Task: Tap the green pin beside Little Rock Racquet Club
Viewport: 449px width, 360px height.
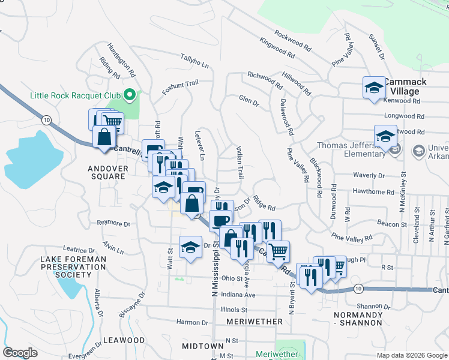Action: [x=128, y=95]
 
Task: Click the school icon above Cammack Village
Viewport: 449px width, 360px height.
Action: [x=374, y=88]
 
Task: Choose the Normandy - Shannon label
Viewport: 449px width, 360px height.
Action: [x=358, y=319]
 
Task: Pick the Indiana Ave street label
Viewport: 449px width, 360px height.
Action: [x=238, y=295]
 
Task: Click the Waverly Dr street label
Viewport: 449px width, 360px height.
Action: [x=369, y=176]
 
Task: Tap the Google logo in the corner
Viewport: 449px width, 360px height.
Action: [x=20, y=353]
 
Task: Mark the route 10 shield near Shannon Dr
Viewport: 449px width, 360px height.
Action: [x=358, y=289]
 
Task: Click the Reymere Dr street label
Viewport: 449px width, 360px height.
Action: [x=113, y=223]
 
